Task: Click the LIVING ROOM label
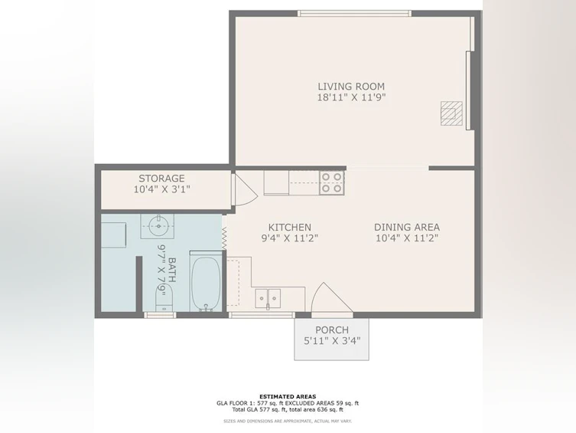pos(351,87)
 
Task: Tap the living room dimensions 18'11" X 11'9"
pos(351,97)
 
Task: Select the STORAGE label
pos(161,179)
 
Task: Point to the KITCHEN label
pos(289,228)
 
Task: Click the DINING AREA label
pos(407,228)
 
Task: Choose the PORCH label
pos(332,330)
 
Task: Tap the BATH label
pos(171,270)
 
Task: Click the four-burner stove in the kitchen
pos(332,183)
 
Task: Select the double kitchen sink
pos(268,297)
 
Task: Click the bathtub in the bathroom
pos(206,282)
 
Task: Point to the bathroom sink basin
pos(158,226)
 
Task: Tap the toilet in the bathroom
pos(164,299)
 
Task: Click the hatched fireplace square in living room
pos(451,113)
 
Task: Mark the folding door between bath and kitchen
pos(223,238)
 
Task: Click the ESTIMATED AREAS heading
pos(288,396)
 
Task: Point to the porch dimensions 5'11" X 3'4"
pos(332,341)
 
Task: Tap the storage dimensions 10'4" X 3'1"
pos(161,189)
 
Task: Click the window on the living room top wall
pos(354,14)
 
